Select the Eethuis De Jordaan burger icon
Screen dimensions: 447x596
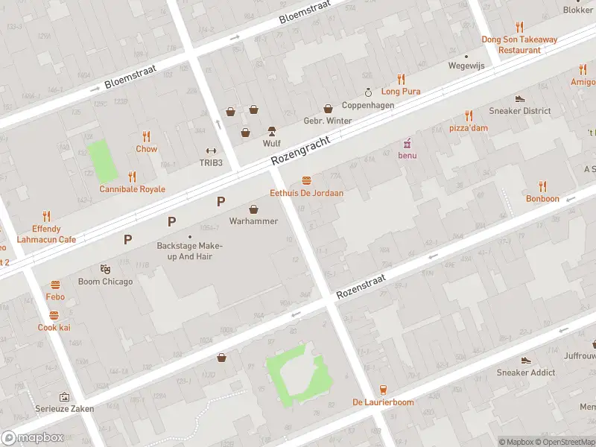306,181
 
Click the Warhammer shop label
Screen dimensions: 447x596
253,221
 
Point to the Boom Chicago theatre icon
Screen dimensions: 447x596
105,269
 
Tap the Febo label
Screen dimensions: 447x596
55,297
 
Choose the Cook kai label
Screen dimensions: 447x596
54,328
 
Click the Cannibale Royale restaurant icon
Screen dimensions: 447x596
132,177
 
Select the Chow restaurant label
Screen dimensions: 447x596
146,149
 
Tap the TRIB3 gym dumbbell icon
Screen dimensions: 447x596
211,150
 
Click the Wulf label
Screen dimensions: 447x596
271,143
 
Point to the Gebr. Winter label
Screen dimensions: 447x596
328,121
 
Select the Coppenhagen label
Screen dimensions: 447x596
368,106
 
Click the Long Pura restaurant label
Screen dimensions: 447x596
401,92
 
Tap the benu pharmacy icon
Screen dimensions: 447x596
407,142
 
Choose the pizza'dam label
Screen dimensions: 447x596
469,128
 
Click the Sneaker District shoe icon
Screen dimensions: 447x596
520,98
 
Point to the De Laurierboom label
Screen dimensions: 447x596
383,402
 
